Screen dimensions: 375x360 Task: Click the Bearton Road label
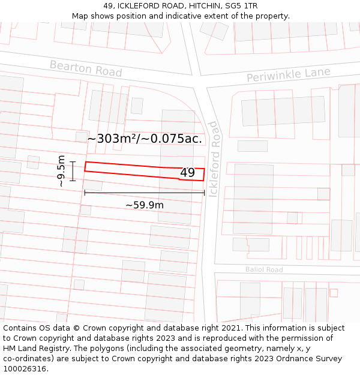(85, 68)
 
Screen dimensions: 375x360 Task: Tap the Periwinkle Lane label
(288, 76)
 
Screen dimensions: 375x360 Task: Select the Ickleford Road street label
(213, 159)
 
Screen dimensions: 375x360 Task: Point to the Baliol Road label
(264, 270)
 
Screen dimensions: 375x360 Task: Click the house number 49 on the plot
(187, 173)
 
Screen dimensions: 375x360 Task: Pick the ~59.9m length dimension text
(144, 205)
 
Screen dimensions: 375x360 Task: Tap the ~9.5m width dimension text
(61, 171)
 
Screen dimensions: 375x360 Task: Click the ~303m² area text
(113, 139)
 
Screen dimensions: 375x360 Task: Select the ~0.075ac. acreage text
(171, 139)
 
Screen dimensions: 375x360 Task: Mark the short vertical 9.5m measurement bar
(73, 170)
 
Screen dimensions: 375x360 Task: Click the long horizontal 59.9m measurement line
(144, 193)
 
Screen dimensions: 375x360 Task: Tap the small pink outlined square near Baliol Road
(334, 293)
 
